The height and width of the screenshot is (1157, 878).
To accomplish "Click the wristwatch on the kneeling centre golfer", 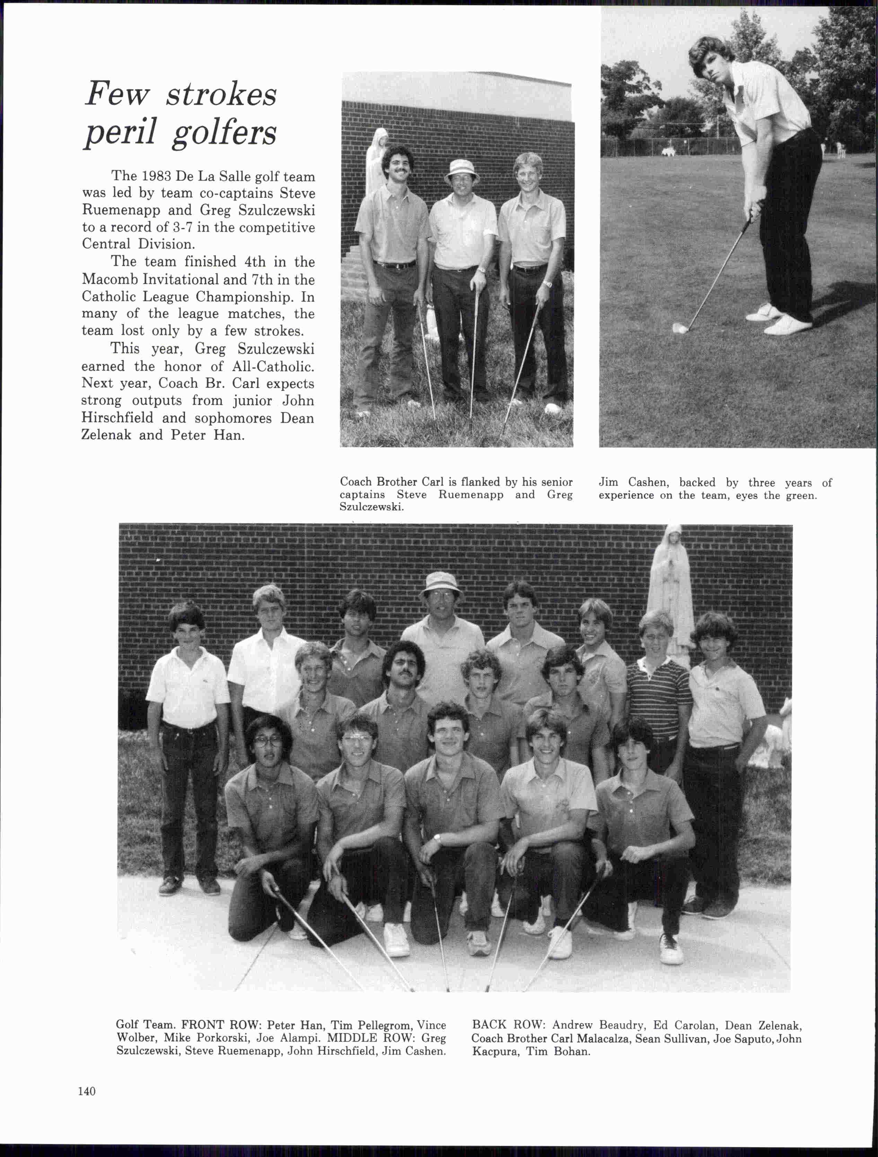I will tap(437, 839).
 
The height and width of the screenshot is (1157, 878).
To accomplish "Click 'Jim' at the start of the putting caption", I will tap(608, 482).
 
